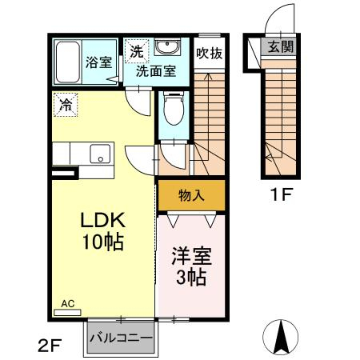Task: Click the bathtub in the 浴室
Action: [x=68, y=62]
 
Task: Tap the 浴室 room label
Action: [x=98, y=62]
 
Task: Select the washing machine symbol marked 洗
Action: [x=137, y=51]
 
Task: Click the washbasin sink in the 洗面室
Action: [x=167, y=47]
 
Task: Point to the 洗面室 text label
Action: [x=156, y=71]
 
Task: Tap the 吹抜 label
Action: [x=210, y=54]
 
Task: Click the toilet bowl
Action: [x=174, y=109]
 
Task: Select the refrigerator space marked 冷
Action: [x=66, y=105]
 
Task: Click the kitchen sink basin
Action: [x=100, y=154]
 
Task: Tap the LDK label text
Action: [x=103, y=220]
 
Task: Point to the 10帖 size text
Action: [x=103, y=242]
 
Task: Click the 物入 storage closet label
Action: [x=191, y=195]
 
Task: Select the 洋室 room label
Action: [x=192, y=256]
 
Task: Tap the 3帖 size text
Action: [x=191, y=278]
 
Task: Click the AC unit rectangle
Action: [x=67, y=312]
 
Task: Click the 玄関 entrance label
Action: [x=281, y=46]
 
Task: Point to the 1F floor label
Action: [x=282, y=194]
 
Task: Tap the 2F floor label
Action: [x=50, y=346]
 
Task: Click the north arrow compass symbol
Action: [x=281, y=337]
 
